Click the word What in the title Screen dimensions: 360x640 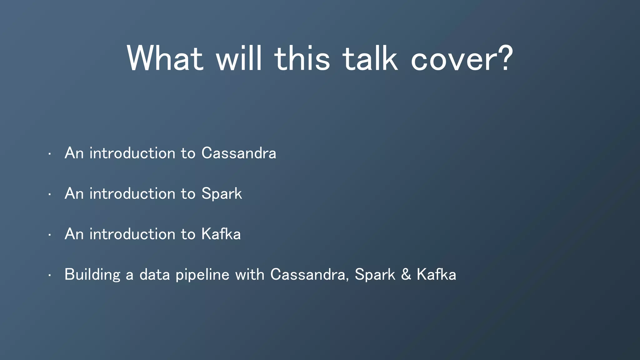tap(165, 58)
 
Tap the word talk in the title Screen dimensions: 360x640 tap(370, 58)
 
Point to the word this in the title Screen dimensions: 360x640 tap(302, 58)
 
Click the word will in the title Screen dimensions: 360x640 tap(239, 58)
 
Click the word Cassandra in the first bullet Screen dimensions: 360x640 tap(239, 153)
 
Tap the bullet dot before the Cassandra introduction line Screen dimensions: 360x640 tap(50, 154)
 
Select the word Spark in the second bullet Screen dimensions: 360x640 tap(222, 194)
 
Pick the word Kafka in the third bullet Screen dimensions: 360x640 tap(221, 234)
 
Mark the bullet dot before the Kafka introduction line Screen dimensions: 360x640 tap(50, 235)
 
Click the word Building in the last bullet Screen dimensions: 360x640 tap(92, 275)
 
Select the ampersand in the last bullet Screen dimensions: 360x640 tap(406, 275)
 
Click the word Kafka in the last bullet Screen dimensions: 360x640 tap(436, 275)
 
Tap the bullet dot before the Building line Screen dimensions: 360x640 tap(50, 276)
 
